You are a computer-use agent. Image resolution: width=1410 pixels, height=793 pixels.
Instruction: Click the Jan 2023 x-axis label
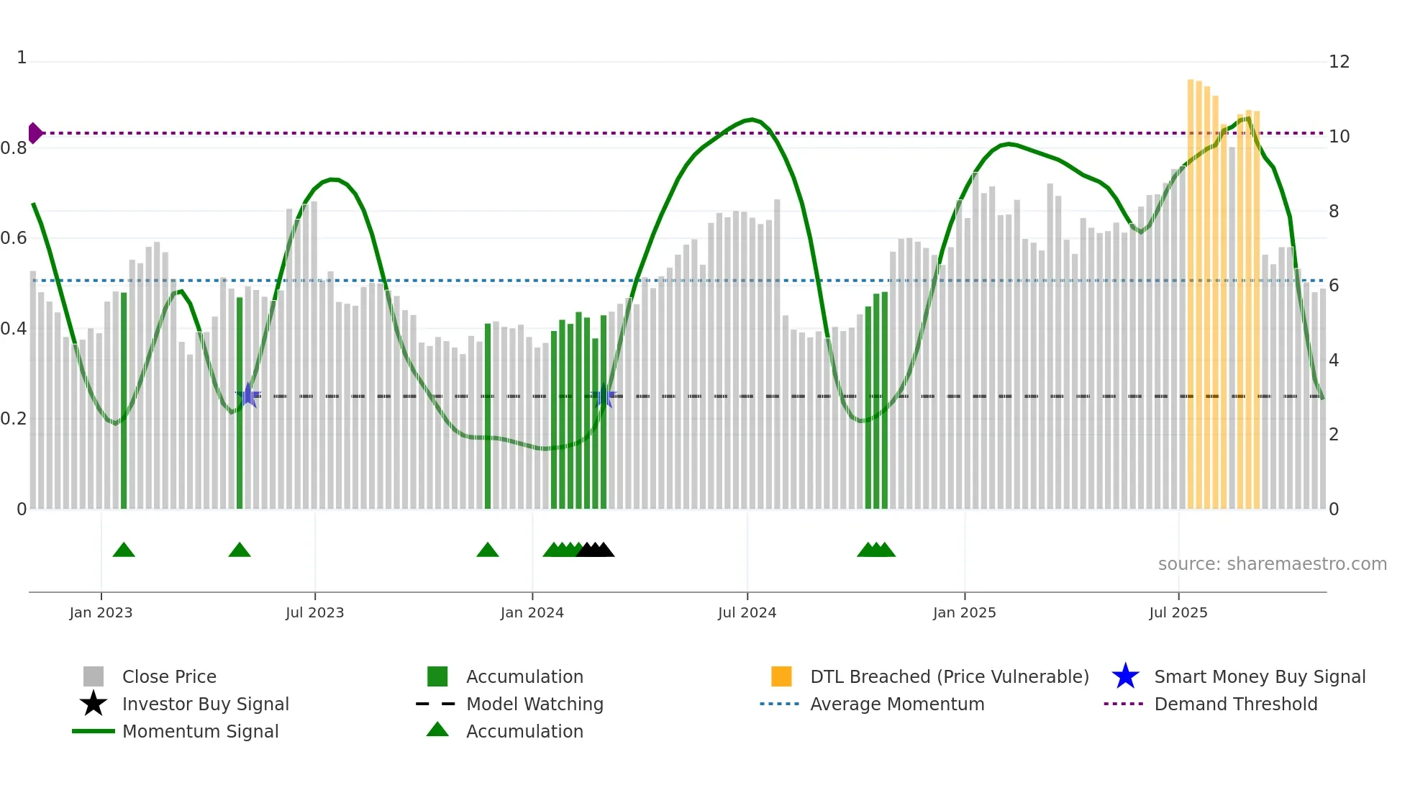pos(101,612)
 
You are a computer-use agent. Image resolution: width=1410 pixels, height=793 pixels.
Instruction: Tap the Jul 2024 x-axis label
pos(747,612)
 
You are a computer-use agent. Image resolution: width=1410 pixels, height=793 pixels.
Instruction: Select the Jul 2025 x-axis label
pos(1178,612)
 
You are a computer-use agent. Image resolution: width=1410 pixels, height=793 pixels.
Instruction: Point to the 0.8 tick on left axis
pos(14,148)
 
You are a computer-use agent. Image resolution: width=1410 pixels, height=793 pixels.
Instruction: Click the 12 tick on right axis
pos(1339,62)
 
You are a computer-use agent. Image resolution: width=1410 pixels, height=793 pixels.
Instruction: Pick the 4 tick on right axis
pos(1334,361)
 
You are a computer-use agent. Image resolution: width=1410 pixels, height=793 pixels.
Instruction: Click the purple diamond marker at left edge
pos(35,133)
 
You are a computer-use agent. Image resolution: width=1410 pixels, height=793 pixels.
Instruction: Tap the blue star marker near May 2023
pos(247,395)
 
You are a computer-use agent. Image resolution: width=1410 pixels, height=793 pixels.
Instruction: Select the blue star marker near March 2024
pos(604,396)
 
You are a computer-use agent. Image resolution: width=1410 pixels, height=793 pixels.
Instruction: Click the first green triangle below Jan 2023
pos(124,550)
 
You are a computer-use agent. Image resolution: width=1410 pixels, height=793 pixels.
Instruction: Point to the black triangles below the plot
pos(595,550)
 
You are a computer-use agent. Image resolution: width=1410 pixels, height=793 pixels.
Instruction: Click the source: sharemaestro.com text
pos(1272,564)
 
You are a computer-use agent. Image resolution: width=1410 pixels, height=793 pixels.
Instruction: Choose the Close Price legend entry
pos(169,676)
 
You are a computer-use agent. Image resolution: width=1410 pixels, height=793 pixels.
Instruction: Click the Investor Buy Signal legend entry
pos(205,704)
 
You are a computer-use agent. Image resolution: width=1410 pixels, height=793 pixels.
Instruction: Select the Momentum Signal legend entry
pos(200,731)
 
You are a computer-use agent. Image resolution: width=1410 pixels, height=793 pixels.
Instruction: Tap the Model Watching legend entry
pos(535,704)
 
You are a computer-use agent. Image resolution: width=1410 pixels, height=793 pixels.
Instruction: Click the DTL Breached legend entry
pos(949,676)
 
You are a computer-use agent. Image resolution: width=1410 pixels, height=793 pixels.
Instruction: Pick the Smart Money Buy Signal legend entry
pos(1259,676)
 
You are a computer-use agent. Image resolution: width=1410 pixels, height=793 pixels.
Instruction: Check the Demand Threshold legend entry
pos(1235,704)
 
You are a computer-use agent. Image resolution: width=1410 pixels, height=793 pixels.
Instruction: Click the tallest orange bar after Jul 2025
pos(1191,288)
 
